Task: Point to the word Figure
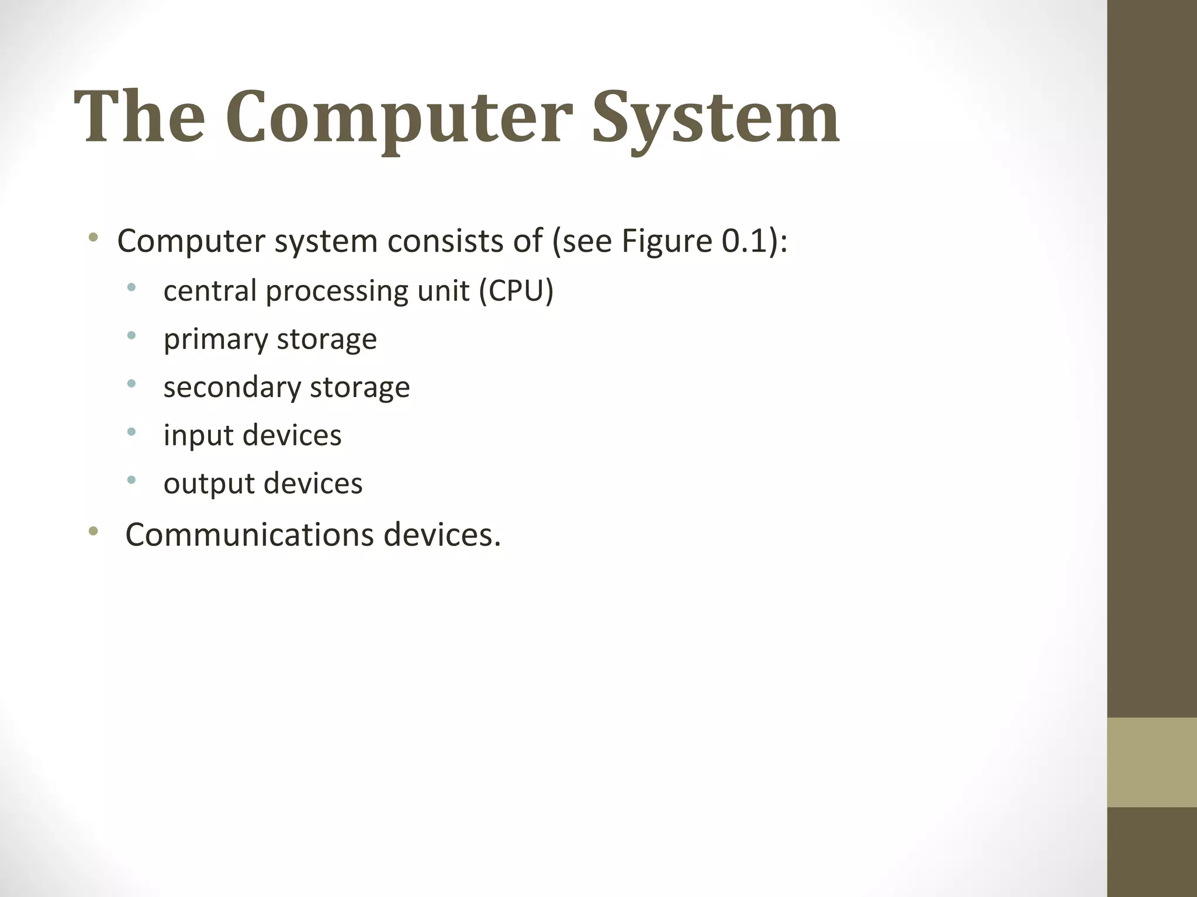pos(666,242)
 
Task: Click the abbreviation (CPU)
pos(516,290)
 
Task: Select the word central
pos(210,290)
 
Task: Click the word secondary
pos(231,387)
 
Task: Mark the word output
pos(209,484)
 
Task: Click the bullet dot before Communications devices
pos(93,531)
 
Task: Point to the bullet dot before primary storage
pos(132,336)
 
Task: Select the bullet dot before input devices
pos(132,432)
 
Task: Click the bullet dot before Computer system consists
pos(93,238)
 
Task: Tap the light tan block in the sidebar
pos(1152,762)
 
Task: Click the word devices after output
pos(313,484)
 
